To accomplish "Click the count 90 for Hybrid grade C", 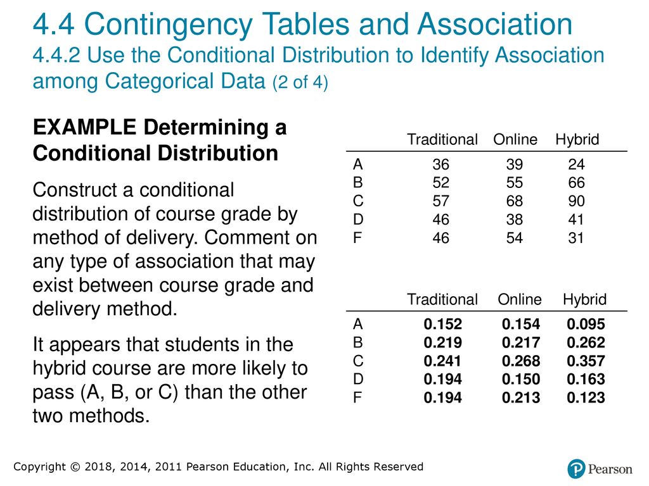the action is pos(576,201).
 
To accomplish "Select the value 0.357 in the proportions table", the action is pos(586,361).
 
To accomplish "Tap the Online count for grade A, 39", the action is pos(515,165).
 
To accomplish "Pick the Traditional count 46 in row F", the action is pos(441,238).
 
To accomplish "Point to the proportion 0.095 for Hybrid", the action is pos(586,325).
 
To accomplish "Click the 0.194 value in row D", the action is pos(442,380).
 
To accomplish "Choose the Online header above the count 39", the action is pos(515,140).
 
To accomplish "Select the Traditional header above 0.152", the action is pos(442,299).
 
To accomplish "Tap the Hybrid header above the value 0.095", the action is pos(584,299).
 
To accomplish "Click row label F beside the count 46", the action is pos(357,238).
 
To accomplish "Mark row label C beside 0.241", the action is pos(358,361).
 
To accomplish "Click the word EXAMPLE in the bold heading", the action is pos(84,127).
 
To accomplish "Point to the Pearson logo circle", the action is pos(576,469).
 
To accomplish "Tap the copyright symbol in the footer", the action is pos(75,467).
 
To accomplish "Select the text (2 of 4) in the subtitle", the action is pos(300,82).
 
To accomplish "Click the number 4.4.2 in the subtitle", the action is pos(56,56).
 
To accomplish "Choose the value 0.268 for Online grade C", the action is pos(521,361).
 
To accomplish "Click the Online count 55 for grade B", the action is pos(515,183).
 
